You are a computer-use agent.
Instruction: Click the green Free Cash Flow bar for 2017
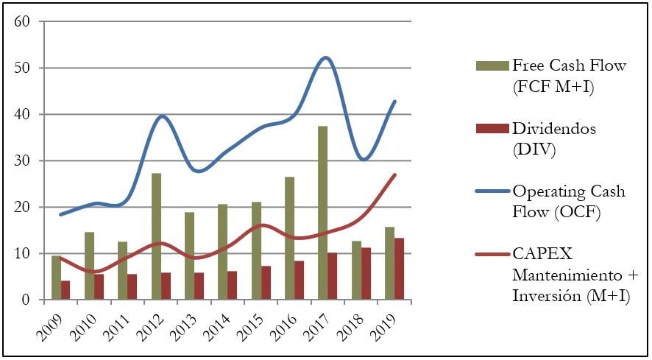(322, 213)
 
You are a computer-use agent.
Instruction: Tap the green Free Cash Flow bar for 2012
(156, 236)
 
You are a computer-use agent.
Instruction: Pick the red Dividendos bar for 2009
(65, 290)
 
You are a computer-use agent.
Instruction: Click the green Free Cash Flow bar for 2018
(356, 270)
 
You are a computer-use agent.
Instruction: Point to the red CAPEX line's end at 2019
(396, 174)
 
